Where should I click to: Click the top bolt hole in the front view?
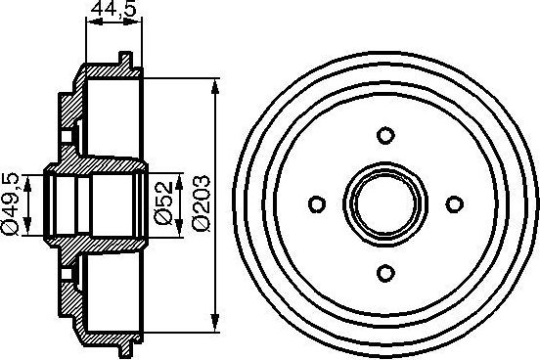384,135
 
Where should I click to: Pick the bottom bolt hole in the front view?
384,272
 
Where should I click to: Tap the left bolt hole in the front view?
316,203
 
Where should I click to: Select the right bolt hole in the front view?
453,203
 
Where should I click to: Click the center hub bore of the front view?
384,203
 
